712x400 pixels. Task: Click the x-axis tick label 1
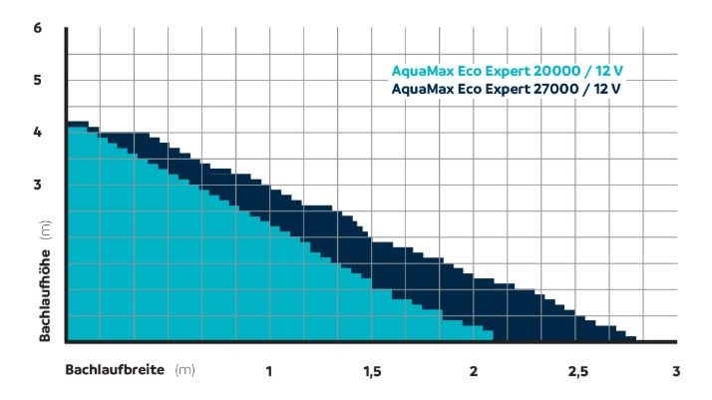268,372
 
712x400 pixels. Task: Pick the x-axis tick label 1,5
371,372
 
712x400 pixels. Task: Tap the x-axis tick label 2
473,372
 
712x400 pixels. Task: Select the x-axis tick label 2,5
575,372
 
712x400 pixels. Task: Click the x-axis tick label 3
676,372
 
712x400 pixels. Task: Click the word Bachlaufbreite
116,370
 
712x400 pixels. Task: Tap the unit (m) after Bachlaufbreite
183,370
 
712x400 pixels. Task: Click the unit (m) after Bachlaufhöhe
45,231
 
